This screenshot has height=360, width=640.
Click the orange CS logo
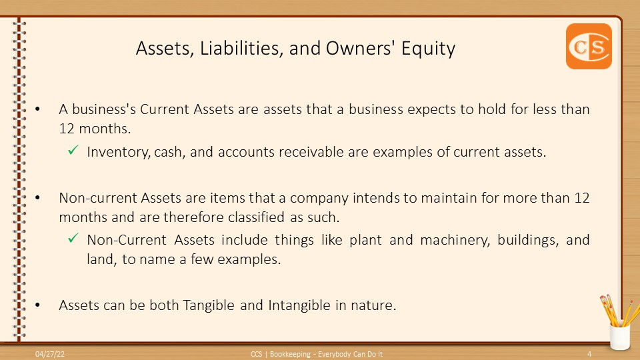[589, 46]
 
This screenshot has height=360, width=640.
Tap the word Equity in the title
[428, 49]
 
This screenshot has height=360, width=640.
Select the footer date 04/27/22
[50, 354]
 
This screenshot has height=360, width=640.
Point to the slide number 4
[589, 354]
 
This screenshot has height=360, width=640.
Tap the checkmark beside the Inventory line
[73, 150]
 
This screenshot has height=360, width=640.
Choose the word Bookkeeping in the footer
[290, 354]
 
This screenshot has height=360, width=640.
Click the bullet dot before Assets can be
[37, 305]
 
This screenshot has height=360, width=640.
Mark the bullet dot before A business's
[37, 109]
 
